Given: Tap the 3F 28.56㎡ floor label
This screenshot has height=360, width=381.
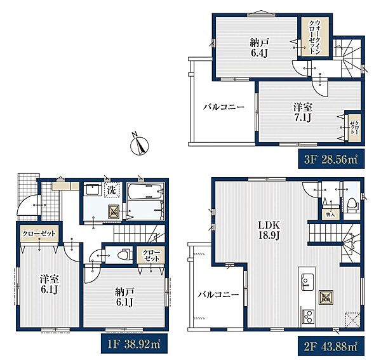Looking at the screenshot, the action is point(331,159).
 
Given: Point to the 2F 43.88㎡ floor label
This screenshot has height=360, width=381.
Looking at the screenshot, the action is point(331,346).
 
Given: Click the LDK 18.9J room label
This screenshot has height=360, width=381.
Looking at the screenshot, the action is point(269,230).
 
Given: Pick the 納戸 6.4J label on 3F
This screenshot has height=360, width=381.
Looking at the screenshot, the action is point(259,48).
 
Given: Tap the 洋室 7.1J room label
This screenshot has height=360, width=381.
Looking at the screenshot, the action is point(303,112).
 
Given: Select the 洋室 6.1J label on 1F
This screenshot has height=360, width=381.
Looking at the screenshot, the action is point(50,285).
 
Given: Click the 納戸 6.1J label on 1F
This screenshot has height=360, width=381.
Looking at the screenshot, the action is point(124,297).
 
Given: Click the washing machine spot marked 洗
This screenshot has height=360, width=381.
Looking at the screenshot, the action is point(112,190).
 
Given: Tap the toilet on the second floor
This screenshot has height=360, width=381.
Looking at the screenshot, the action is point(351,205).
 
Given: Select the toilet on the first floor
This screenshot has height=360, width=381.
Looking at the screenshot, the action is point(124,255).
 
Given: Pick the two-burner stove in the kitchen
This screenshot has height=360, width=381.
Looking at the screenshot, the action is point(307,316).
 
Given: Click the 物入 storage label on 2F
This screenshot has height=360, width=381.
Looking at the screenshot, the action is point(330,214).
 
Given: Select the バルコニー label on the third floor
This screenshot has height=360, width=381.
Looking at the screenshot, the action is point(224,107).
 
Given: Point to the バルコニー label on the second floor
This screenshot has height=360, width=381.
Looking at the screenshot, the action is point(218,295).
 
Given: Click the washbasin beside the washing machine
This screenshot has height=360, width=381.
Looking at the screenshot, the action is point(92,190).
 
